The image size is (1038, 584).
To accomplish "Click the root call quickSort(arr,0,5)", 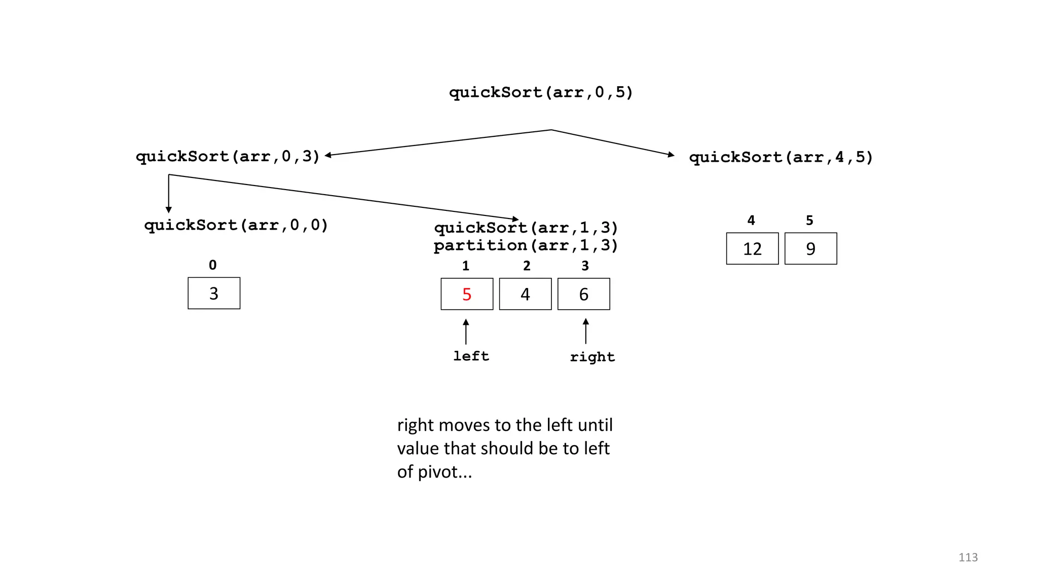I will coord(541,92).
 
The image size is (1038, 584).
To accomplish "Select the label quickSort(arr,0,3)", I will coord(228,156).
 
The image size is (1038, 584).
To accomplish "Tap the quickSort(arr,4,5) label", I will coord(781,157).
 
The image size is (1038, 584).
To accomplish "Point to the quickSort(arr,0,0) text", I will coord(236,225).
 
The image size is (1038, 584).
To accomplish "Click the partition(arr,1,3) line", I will coord(526,246).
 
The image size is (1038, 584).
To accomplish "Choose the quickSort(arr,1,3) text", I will coord(526,228).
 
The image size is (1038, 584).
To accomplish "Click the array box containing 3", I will coord(214,293).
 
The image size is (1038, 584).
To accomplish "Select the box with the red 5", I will coord(467,294).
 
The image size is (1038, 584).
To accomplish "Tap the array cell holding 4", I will coord(525,294).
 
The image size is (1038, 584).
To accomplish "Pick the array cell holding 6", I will coord(583,294).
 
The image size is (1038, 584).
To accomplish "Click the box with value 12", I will coord(752,248).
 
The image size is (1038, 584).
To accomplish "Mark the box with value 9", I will coord(810,248).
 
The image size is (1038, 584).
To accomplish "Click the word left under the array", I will coord(471,356).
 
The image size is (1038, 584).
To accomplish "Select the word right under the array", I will coord(592,357).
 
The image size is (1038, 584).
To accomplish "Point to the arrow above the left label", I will coord(466,332).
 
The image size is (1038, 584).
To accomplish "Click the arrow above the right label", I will coord(586,331).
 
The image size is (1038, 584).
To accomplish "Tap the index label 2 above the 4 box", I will coord(527,266).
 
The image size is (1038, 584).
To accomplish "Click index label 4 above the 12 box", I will coord(751,220).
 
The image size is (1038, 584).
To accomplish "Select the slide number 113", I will coord(968,557).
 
